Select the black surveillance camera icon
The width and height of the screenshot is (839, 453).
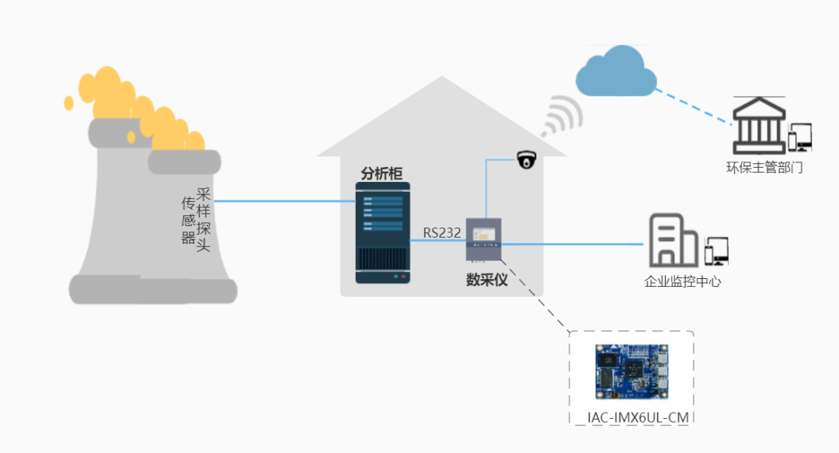point(527,159)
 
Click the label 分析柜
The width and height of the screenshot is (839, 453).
point(381,173)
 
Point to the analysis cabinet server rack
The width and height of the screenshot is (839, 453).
point(382,234)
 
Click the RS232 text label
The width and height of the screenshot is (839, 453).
point(442,232)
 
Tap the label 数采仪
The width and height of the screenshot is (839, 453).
point(486,280)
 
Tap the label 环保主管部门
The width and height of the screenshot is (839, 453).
point(759,168)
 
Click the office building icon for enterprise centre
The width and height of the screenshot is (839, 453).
point(673,240)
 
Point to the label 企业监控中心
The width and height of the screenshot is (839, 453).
point(683,281)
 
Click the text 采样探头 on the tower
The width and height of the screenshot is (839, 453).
point(204,220)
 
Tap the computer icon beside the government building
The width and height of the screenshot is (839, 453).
point(799,138)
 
